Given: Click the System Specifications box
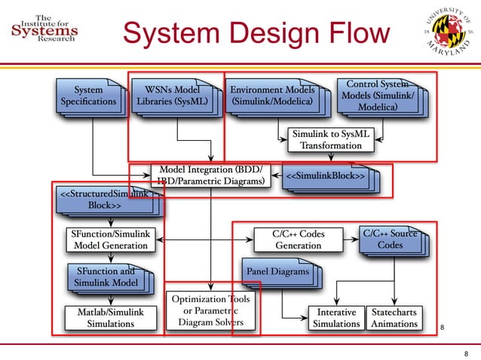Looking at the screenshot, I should coord(89,96).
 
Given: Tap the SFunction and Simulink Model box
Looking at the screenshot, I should coord(106,277).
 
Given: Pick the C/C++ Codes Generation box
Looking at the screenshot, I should coord(298,240).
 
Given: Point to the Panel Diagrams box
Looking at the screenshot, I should coord(277,271).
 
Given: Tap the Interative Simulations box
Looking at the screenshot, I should coord(336,317).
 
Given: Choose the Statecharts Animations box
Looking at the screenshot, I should coord(394,317).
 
